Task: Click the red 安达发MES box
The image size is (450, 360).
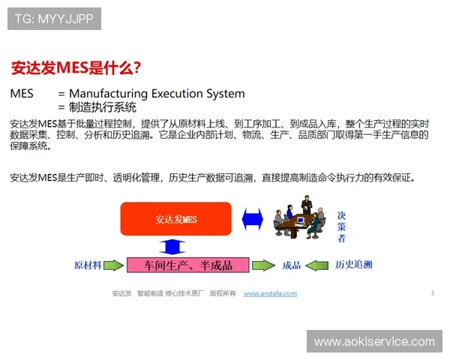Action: click(176, 219)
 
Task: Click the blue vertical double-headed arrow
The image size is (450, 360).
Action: click(172, 245)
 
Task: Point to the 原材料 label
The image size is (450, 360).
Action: click(88, 265)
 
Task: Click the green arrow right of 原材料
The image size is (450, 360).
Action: click(112, 265)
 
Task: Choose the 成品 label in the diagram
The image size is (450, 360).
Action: click(291, 265)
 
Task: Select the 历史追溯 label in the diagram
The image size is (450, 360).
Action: click(353, 265)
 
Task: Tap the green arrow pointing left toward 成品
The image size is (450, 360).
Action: click(318, 265)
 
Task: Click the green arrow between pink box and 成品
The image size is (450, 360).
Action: click(263, 265)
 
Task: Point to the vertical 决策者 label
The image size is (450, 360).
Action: click(341, 226)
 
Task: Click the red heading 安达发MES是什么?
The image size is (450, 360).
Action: click(75, 67)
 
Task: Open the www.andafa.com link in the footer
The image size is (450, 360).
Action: click(270, 293)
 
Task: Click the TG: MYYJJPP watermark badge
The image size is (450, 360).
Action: click(54, 19)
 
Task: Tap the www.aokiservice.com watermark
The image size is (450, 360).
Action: click(374, 341)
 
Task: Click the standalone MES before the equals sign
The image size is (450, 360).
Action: click(22, 94)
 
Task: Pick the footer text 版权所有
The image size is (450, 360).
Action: click(223, 293)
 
